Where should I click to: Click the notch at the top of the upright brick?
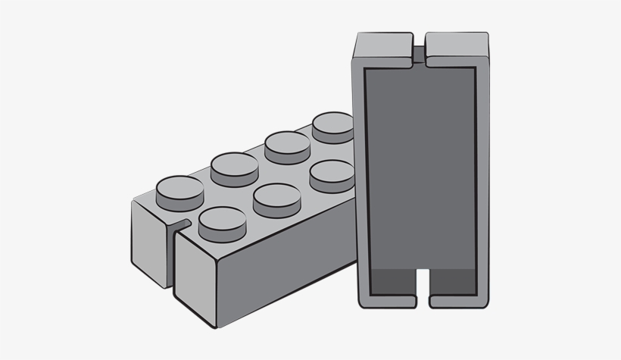click(419, 50)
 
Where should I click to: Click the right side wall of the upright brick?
click(482, 174)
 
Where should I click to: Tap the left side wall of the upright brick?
click(360, 174)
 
